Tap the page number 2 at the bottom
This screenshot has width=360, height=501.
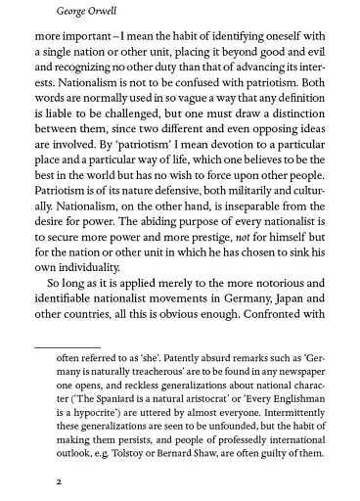coord(33,482)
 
